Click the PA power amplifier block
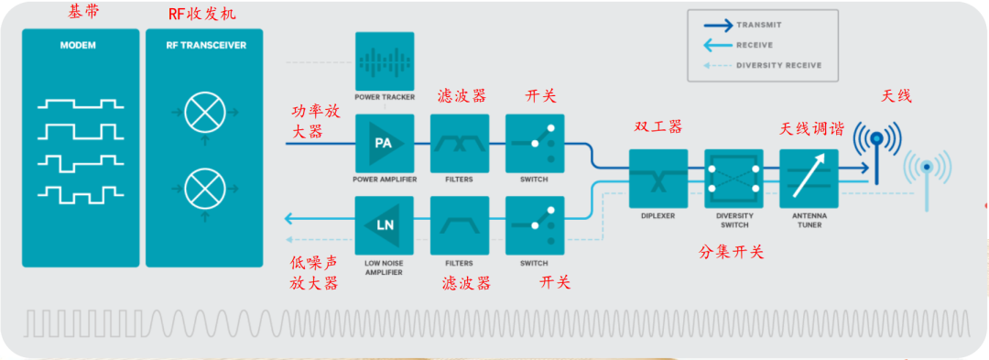tap(384, 143)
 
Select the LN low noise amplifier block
tap(384, 225)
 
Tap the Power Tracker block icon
tap(384, 61)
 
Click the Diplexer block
tap(658, 179)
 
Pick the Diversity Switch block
tap(734, 179)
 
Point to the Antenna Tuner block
tap(809, 179)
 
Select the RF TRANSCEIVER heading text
tap(204, 46)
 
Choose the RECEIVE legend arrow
tap(716, 45)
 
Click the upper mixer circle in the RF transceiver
tap(204, 113)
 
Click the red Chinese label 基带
tap(83, 12)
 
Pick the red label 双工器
tap(658, 126)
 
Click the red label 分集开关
tap(732, 252)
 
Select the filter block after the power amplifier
tap(460, 143)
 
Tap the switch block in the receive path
tap(535, 225)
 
